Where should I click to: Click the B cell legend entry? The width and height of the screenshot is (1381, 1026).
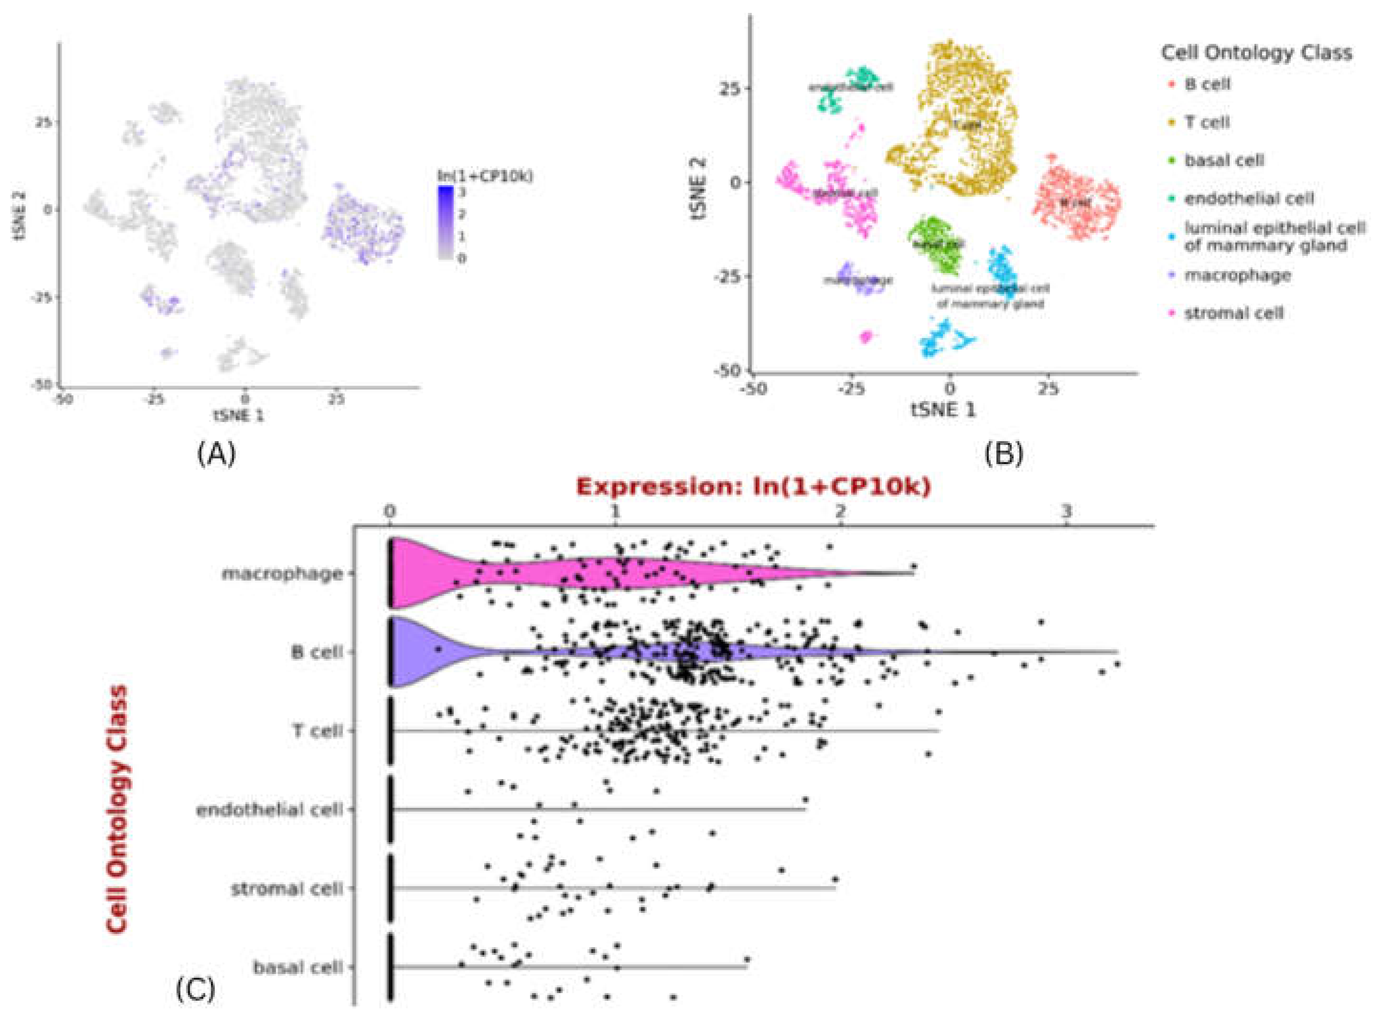point(1206,84)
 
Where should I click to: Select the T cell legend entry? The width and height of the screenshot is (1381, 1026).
point(1206,122)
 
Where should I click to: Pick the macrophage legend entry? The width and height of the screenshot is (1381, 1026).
point(1236,275)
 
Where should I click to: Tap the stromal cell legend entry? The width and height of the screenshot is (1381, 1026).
point(1232,313)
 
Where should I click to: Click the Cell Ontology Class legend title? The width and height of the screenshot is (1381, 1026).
point(1256,53)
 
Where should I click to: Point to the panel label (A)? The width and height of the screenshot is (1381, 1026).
point(216,455)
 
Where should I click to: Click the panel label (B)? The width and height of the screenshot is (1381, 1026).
point(1003,455)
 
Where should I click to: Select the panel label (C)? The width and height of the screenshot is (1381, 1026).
point(195,989)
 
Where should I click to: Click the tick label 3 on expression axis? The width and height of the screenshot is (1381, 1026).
point(1066,512)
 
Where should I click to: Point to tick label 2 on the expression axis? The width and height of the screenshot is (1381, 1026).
point(841,512)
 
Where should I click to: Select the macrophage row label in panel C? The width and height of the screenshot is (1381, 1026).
point(283,573)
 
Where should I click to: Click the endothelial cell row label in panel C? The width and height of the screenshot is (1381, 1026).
point(269,810)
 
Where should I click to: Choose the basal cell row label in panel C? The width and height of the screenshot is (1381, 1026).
point(298,967)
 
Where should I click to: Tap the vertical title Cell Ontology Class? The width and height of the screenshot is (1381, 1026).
point(117,808)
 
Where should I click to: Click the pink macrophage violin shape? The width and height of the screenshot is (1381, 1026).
point(559,574)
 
